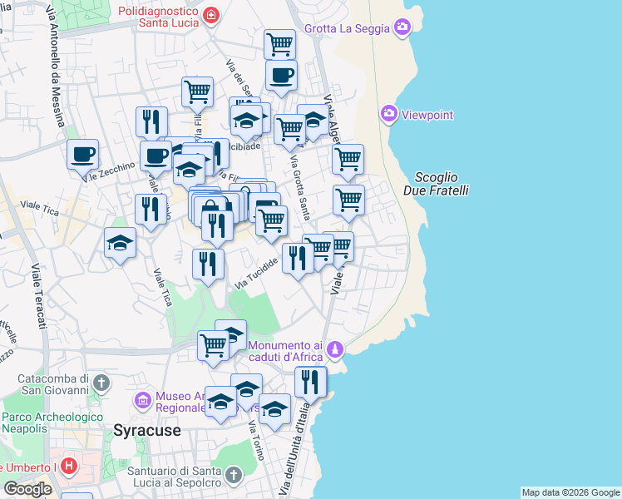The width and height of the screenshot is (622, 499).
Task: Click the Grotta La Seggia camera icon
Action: click(x=402, y=28)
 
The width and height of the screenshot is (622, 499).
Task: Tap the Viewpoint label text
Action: click(x=427, y=115)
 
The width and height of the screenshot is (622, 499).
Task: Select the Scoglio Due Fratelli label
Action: click(x=441, y=184)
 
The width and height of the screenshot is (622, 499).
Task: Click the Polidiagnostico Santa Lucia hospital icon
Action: click(x=211, y=15)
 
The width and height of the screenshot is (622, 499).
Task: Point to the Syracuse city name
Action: click(x=147, y=431)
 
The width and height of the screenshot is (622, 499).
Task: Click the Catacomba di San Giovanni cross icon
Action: click(x=101, y=383)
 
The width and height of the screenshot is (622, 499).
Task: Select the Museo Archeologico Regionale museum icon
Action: click(x=142, y=401)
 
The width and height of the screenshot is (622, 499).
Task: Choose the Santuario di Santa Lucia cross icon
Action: click(x=234, y=476)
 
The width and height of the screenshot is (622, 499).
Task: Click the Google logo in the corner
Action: click(x=27, y=488)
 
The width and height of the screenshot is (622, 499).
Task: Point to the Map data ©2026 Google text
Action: click(x=570, y=492)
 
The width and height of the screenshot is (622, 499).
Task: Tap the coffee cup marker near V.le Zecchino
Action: click(x=83, y=155)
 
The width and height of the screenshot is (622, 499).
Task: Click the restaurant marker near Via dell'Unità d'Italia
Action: click(x=310, y=383)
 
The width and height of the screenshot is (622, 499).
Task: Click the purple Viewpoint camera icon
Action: click(x=388, y=114)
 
